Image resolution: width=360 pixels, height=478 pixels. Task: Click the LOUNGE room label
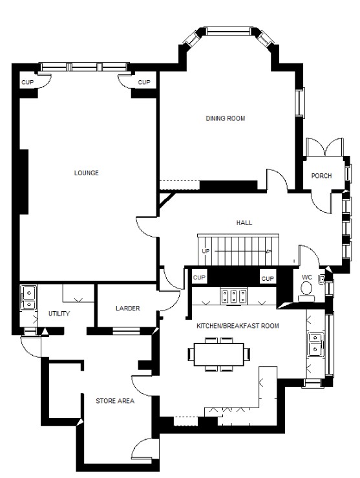(x=87, y=173)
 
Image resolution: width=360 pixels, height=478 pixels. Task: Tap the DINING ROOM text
(x=226, y=118)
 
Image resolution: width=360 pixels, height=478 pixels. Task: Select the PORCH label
(x=321, y=175)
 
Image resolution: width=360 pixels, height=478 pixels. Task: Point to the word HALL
(x=244, y=223)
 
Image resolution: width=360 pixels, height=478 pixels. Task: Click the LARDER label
(x=128, y=308)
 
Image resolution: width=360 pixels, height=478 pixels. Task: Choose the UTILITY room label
(x=59, y=313)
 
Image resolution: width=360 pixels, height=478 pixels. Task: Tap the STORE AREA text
(x=115, y=401)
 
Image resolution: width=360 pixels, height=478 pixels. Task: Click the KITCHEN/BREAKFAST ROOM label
(x=238, y=326)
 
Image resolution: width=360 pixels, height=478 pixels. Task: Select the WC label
(x=307, y=277)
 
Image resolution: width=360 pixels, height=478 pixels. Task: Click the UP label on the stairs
(x=206, y=251)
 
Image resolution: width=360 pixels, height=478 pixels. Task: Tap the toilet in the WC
(x=306, y=290)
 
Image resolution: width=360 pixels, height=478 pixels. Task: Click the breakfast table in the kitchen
(x=219, y=354)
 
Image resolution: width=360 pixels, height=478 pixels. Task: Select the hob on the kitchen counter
(x=234, y=296)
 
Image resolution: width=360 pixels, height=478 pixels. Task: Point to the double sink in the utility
(x=28, y=298)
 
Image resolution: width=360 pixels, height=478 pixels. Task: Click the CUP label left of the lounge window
(x=27, y=82)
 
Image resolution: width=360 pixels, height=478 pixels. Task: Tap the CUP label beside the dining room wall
(x=144, y=82)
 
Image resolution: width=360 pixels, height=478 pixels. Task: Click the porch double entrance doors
(x=325, y=147)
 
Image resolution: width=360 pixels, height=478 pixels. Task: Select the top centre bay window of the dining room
(x=228, y=31)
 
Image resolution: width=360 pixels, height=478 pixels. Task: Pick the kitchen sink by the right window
(x=315, y=345)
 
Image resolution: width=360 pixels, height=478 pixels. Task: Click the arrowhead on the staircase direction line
(x=268, y=252)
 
